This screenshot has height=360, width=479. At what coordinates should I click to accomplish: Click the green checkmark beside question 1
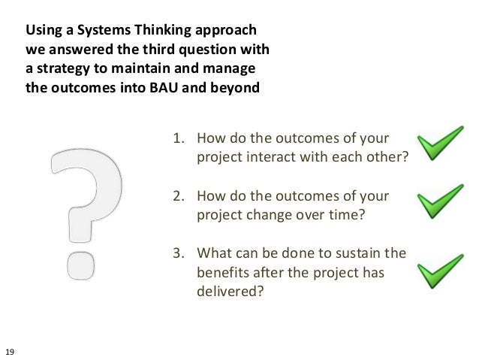coord(440,144)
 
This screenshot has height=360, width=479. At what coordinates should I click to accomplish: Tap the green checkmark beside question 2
coord(440,201)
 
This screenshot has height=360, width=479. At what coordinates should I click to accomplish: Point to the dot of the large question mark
coord(82,264)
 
